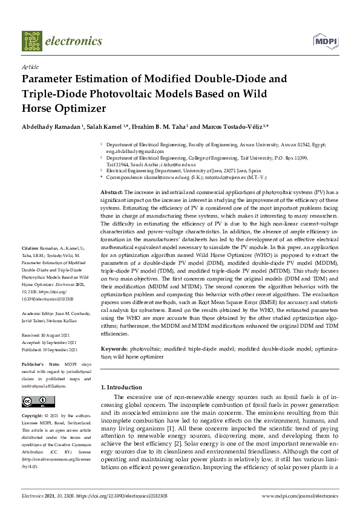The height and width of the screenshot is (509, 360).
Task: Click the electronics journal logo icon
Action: click(x=32, y=41)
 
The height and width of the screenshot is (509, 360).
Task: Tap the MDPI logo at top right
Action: click(x=324, y=41)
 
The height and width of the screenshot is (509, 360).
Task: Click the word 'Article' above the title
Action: click(x=30, y=67)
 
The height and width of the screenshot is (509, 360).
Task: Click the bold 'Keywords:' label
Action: click(x=113, y=349)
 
